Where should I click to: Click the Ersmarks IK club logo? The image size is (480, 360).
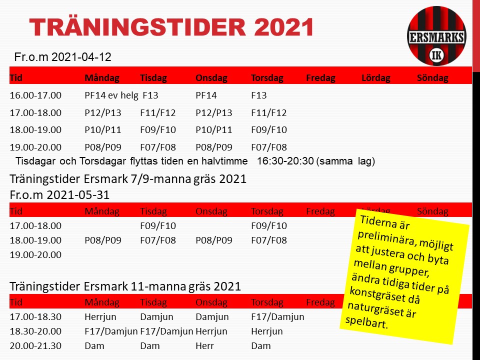tap(436, 36)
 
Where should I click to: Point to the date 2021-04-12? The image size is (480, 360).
tap(81, 57)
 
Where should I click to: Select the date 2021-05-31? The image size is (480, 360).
tap(78, 195)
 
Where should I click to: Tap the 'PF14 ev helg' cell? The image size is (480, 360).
tap(111, 95)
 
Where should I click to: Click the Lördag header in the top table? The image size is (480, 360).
tap(376, 78)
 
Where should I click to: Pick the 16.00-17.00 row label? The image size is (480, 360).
tap(35, 95)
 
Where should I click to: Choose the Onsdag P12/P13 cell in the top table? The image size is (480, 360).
tap(214, 112)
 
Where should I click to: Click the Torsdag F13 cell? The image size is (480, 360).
tap(258, 95)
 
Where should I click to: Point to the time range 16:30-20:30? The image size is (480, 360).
tap(285, 161)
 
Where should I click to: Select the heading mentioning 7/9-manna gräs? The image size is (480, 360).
tap(128, 179)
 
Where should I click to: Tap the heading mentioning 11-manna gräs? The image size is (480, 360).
tap(125, 286)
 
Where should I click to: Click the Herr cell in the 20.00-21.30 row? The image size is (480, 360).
tap(205, 346)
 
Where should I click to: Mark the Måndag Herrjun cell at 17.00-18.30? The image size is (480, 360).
tap(100, 317)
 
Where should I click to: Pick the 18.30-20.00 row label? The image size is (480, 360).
tap(35, 331)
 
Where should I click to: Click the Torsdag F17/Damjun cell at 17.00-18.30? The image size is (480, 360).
tap(277, 317)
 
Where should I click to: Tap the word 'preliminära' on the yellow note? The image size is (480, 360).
tap(386, 238)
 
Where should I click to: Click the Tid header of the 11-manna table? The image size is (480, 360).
tap(16, 302)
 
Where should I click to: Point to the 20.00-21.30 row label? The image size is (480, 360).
tap(35, 346)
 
